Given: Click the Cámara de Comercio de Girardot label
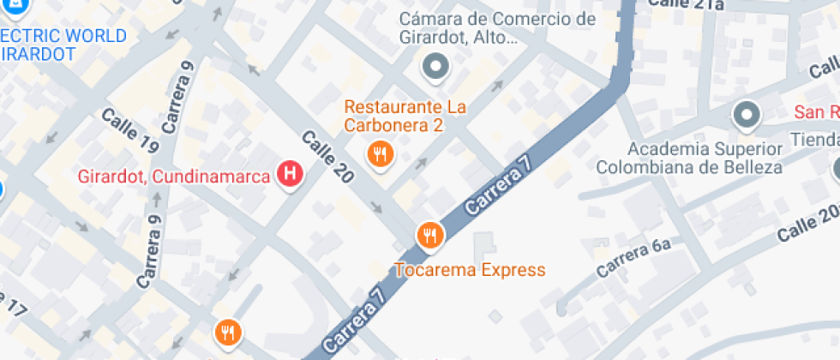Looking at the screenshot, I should click(497, 28).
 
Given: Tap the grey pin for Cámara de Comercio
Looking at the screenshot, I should click(436, 66).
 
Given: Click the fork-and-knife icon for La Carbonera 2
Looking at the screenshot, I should click(380, 154).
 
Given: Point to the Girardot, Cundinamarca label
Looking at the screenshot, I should click(174, 177).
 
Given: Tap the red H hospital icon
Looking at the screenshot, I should click(291, 175).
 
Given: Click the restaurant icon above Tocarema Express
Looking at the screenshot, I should click(429, 235).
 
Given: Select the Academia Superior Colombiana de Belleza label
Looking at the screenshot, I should click(690, 158).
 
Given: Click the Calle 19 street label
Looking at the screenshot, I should click(129, 131).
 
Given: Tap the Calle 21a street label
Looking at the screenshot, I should click(686, 5).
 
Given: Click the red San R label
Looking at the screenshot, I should click(816, 112).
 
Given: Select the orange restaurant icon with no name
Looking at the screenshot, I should click(227, 333).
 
